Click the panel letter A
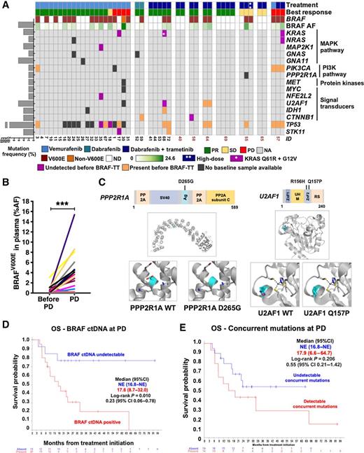(x=6, y=5)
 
